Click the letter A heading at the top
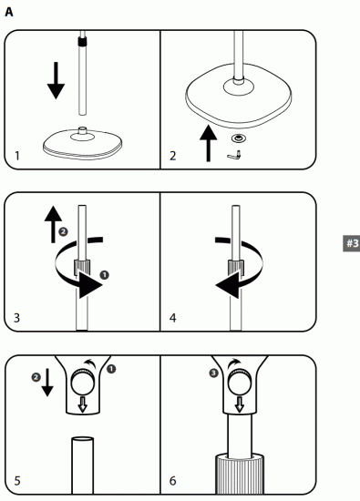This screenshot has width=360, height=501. click(x=8, y=12)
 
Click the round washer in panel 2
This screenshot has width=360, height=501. click(x=240, y=138)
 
